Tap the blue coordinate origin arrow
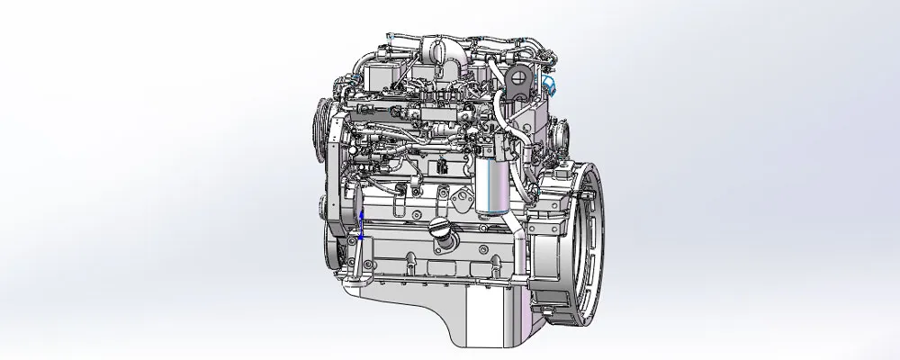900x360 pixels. click(361, 225)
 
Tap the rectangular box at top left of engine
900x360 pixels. click(380, 73)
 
